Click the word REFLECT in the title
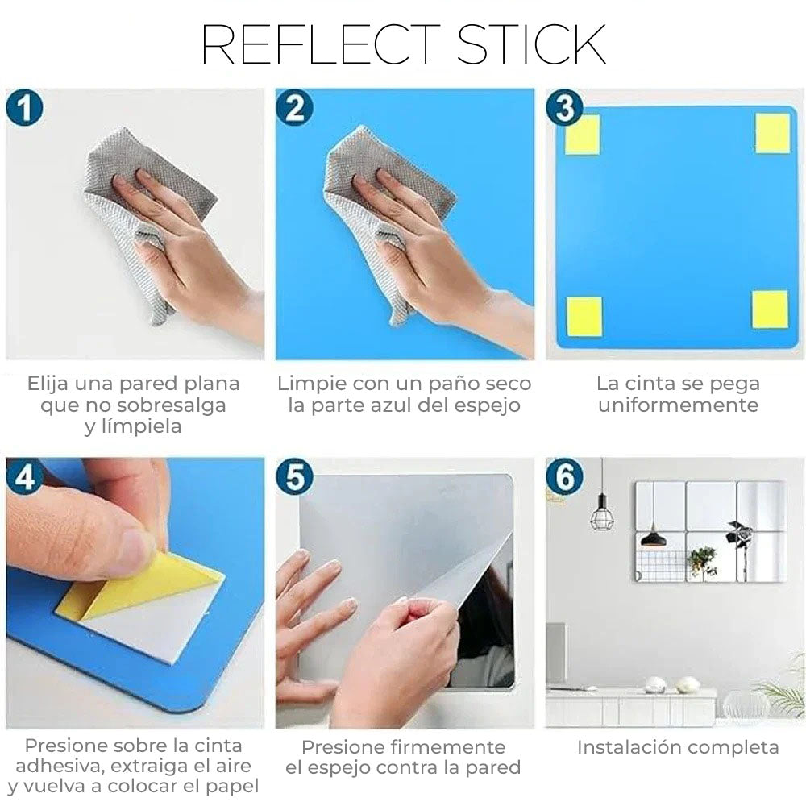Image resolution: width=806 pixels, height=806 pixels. tap(321, 44)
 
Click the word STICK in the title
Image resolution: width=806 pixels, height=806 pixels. tap(531, 44)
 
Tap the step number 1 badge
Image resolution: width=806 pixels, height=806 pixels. tap(24, 107)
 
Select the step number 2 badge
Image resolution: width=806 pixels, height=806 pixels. tap(294, 107)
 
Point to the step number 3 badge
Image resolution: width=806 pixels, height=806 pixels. tap(564, 107)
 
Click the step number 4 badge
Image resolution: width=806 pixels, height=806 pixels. tap(24, 476)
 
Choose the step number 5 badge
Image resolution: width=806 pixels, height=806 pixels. tap(294, 476)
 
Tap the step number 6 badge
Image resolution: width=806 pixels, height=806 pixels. tap(564, 476)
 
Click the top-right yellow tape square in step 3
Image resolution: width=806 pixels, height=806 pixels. tap(772, 133)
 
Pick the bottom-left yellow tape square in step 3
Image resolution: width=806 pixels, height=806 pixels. tap(584, 316)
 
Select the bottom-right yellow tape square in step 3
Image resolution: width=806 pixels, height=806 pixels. tap(770, 310)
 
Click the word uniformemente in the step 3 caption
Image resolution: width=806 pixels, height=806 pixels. tap(678, 405)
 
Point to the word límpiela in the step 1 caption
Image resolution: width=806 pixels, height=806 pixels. tap(133, 426)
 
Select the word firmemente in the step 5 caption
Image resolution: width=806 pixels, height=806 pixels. tap(447, 747)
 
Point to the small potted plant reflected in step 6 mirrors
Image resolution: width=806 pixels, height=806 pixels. tap(702, 561)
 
